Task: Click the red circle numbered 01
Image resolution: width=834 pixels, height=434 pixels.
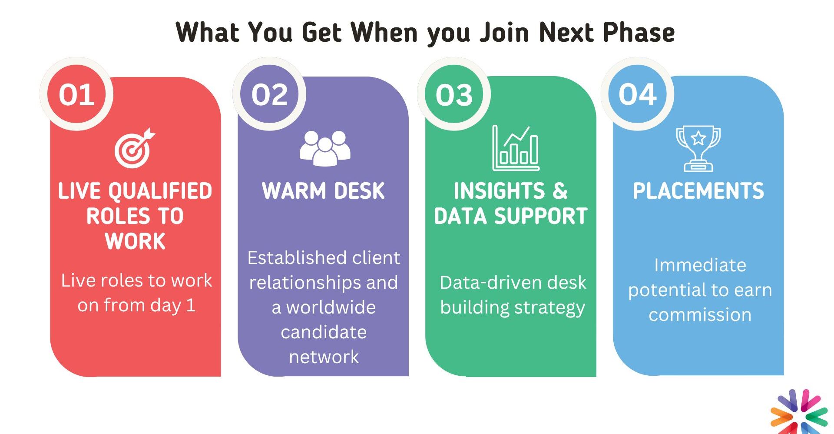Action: (x=76, y=94)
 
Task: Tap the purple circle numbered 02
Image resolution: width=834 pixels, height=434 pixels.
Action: (x=269, y=94)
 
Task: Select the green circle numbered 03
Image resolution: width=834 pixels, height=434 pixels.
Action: (x=454, y=94)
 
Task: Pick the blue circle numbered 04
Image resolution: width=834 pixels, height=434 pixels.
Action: (x=637, y=94)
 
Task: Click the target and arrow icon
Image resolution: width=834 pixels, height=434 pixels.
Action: (x=134, y=148)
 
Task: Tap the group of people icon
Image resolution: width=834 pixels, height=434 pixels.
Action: (x=325, y=148)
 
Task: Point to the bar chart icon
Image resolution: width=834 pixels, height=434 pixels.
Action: (x=516, y=148)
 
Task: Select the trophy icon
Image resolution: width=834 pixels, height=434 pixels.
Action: (x=698, y=149)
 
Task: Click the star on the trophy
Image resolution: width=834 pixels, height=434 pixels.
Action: (x=698, y=138)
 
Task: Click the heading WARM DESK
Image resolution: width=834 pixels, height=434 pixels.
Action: (x=323, y=191)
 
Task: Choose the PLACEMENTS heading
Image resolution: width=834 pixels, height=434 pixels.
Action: (x=698, y=191)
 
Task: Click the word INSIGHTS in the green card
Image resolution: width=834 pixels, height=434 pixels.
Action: (x=499, y=191)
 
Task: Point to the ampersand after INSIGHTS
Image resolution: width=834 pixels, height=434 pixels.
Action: (x=560, y=191)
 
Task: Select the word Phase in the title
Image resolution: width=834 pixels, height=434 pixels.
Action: (x=639, y=32)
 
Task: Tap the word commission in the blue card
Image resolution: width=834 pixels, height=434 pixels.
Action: (x=700, y=315)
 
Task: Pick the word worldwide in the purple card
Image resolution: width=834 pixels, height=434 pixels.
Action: (x=331, y=307)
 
